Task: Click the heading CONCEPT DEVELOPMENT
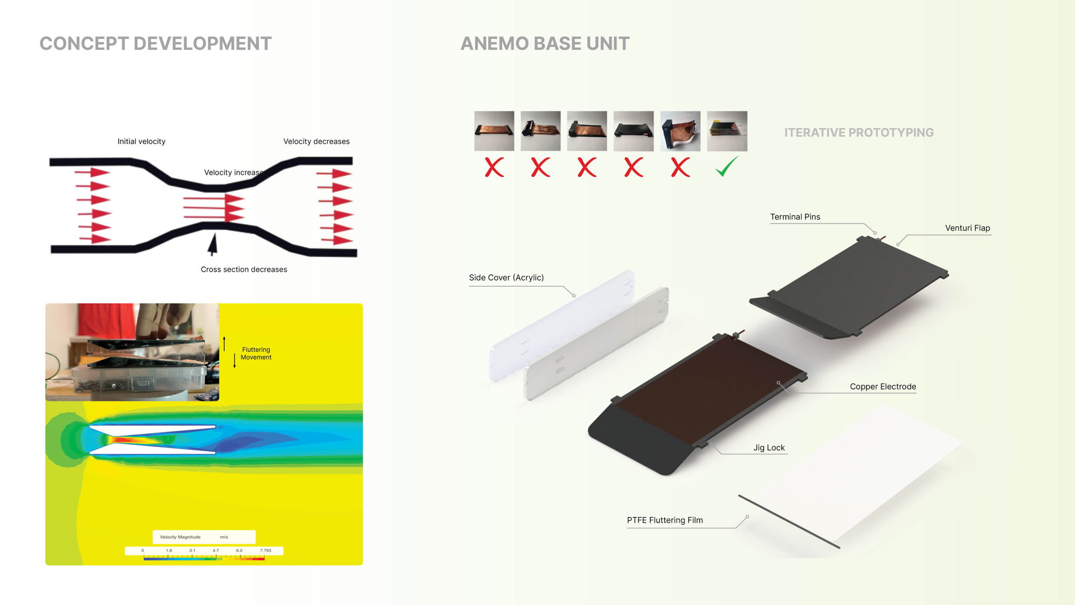click(x=155, y=44)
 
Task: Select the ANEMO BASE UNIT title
click(x=545, y=44)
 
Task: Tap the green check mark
click(x=726, y=166)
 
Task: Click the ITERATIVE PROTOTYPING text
click(x=859, y=132)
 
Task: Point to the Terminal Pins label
click(x=795, y=217)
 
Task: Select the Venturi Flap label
click(x=967, y=228)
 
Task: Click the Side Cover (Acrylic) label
click(x=506, y=277)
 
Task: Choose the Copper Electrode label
click(x=883, y=387)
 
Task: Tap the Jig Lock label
click(x=769, y=447)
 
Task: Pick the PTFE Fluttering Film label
click(x=665, y=520)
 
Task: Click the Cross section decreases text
click(x=244, y=269)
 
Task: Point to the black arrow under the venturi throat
click(x=213, y=244)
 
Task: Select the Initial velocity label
click(x=141, y=141)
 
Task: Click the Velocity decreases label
click(x=316, y=141)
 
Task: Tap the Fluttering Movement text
click(x=256, y=353)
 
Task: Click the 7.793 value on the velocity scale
click(x=266, y=550)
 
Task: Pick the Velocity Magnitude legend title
click(x=180, y=537)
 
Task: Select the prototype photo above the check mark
click(x=727, y=131)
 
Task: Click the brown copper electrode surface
click(x=709, y=389)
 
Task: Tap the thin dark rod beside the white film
click(x=788, y=521)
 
